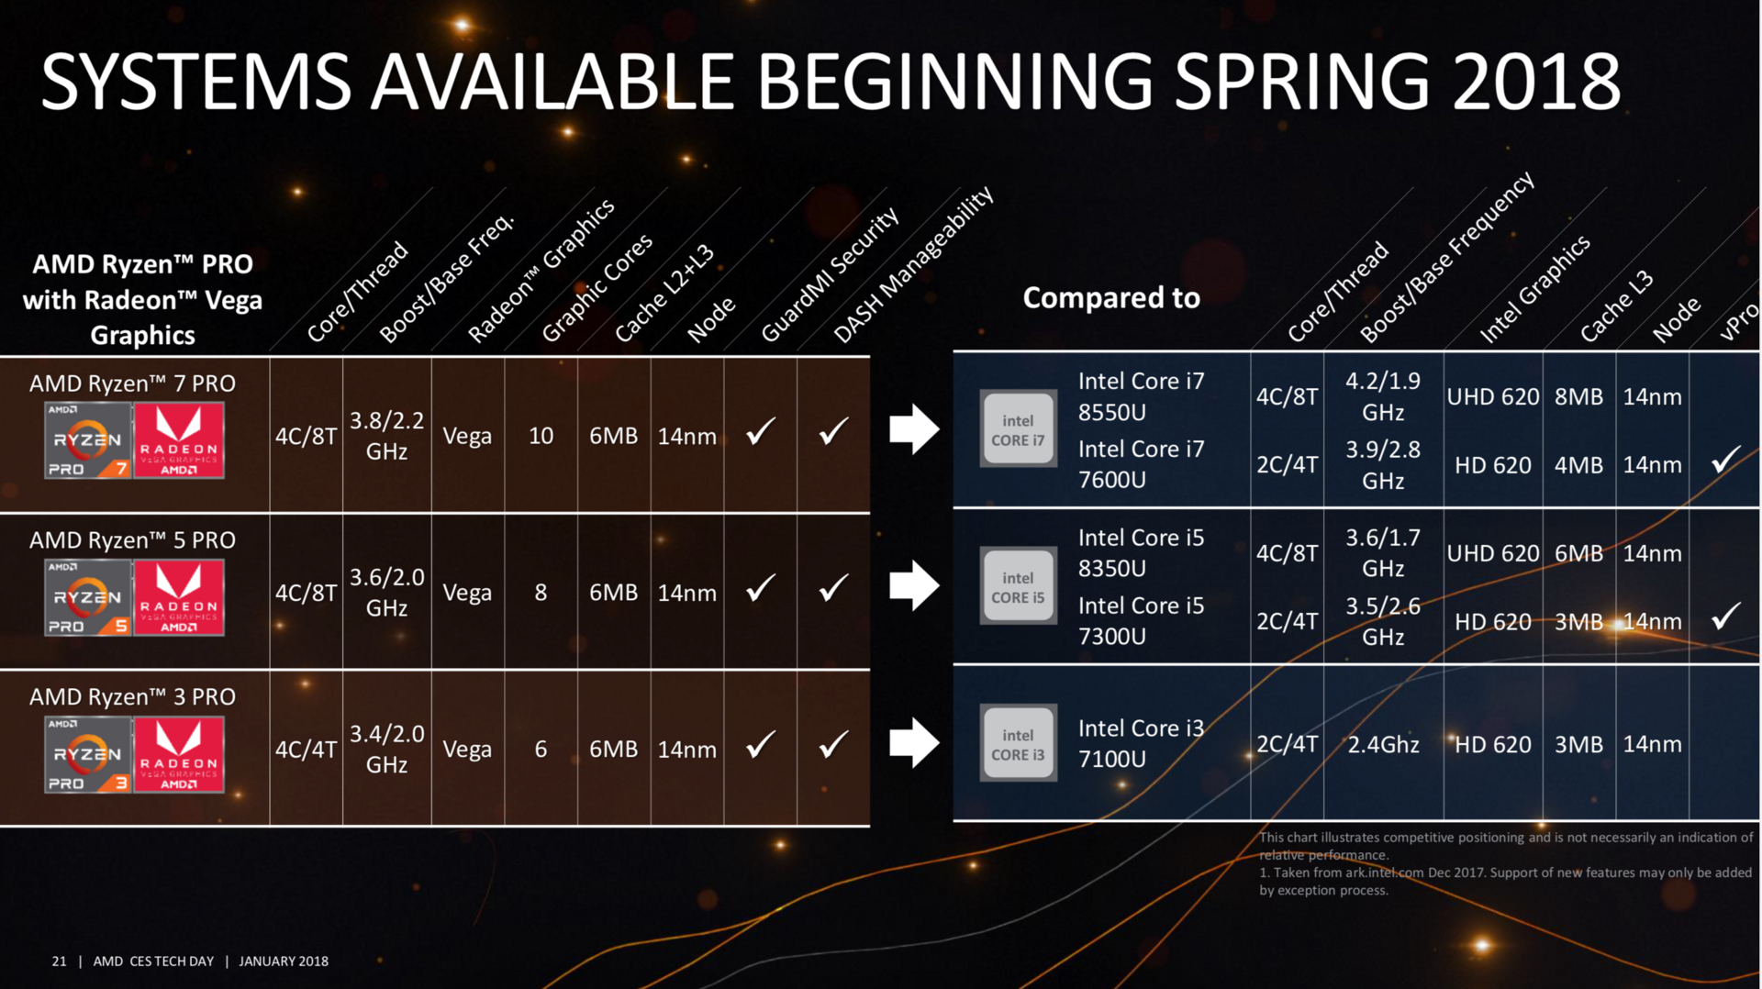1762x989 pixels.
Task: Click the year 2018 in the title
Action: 1537,82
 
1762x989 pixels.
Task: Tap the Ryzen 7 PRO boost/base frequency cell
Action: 386,435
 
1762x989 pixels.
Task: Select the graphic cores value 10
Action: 541,436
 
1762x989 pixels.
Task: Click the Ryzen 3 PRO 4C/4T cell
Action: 306,750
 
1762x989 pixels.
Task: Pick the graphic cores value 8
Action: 541,593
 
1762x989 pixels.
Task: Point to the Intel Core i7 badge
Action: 1018,428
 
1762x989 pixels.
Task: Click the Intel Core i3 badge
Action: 1018,743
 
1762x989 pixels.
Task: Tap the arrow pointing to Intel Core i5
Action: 914,585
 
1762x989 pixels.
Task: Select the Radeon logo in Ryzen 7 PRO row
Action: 179,441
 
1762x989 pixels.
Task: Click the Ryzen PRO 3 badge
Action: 88,755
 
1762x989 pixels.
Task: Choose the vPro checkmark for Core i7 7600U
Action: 1726,459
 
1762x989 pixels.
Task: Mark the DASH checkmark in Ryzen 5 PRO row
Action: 833,587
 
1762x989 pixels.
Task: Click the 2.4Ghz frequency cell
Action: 1383,744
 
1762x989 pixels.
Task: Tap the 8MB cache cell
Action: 1578,396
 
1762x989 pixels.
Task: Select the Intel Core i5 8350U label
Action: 1141,552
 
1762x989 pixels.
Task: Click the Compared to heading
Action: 1111,297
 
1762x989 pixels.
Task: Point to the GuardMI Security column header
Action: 831,274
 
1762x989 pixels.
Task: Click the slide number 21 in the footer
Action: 59,961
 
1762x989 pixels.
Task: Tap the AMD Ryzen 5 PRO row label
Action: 132,540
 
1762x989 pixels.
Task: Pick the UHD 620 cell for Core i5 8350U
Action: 1493,553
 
